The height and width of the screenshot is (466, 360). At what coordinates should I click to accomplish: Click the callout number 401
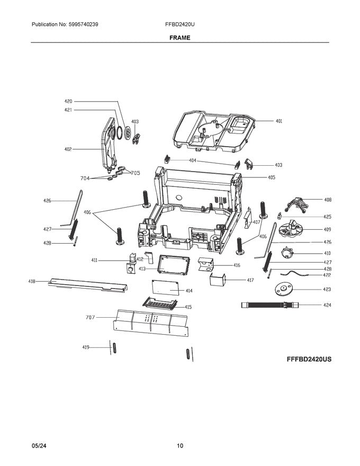pyautogui.click(x=278, y=121)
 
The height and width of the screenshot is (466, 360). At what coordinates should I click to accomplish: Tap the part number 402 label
pyautogui.click(x=68, y=149)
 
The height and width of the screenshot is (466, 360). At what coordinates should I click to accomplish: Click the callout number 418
pyautogui.click(x=32, y=282)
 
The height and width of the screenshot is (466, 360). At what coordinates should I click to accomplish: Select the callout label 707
pyautogui.click(x=90, y=318)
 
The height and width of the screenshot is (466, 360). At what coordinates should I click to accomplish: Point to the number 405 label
pyautogui.click(x=271, y=177)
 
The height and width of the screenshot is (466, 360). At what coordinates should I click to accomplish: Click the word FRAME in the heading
pyautogui.click(x=180, y=38)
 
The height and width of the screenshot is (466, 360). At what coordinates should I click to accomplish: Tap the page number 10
pyautogui.click(x=180, y=446)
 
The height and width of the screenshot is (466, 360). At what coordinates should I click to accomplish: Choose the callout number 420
pyautogui.click(x=68, y=101)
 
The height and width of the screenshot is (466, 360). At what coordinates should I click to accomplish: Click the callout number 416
pyautogui.click(x=236, y=265)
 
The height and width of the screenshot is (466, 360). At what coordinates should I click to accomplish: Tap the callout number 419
pyautogui.click(x=85, y=347)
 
